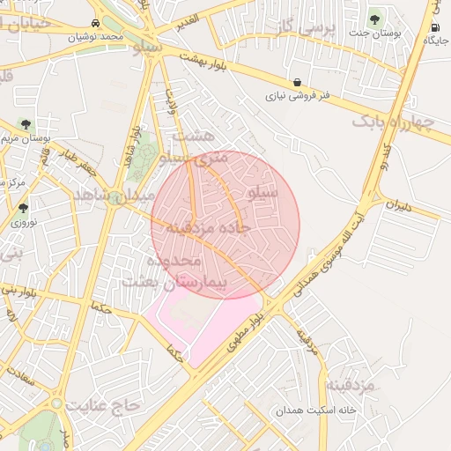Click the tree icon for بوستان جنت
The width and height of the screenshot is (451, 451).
coord(375,18)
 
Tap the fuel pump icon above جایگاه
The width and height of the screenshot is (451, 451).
coord(434,27)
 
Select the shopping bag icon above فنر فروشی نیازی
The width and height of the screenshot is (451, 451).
coord(298,82)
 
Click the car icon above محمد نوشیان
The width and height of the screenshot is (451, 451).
coord(94,24)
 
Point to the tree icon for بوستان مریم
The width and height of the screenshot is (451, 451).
coord(26,125)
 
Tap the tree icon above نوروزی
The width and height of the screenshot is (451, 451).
coord(23,209)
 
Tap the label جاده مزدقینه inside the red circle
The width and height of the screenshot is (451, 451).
coord(203,227)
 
